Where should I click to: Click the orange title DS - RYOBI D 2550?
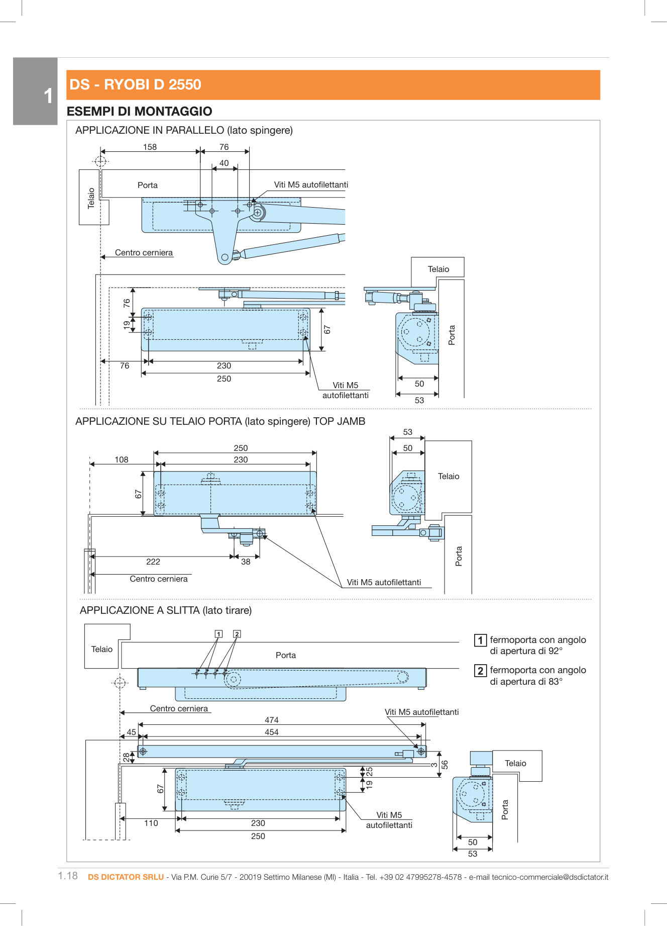click(135, 84)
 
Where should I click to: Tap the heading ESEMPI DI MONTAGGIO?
click(139, 111)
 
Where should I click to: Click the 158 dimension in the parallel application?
click(150, 147)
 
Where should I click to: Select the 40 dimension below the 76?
click(224, 163)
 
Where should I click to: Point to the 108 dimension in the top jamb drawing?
click(122, 459)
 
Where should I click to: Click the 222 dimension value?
click(153, 562)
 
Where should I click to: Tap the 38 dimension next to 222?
click(246, 562)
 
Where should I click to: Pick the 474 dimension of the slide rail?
click(271, 720)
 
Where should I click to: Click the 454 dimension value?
click(271, 732)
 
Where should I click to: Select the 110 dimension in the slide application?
click(151, 823)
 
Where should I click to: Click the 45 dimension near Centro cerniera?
click(131, 732)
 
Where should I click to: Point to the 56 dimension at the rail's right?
click(444, 765)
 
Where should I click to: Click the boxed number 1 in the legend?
click(480, 640)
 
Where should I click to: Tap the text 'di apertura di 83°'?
click(526, 682)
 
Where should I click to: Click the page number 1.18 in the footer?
click(68, 876)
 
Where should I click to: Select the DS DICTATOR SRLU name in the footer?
click(126, 877)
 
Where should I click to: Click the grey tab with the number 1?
click(35, 91)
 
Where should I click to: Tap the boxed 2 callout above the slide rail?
click(237, 634)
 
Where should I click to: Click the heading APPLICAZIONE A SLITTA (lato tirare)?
click(165, 610)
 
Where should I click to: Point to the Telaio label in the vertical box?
click(91, 198)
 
